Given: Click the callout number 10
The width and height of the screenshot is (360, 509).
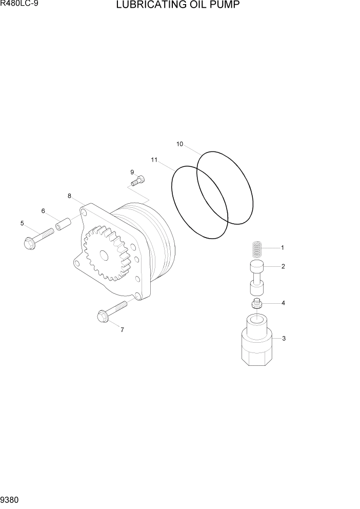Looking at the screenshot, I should coord(179,144).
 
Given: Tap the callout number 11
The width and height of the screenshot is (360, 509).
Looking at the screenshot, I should coord(154,160).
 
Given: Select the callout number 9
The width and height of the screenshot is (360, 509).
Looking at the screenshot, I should coord(132,172).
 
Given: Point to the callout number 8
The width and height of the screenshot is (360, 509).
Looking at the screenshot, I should coord(69,195).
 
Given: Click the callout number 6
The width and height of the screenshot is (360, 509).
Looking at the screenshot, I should coord(43,211).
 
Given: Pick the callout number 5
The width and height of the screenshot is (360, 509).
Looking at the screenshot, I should coord(22,223).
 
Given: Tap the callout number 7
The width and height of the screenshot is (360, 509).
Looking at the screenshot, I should coord(122,330).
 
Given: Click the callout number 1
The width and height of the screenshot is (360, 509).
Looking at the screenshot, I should coord(283,247).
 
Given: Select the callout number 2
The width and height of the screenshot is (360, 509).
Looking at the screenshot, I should coord(283,266).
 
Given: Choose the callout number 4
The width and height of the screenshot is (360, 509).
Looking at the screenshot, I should coord(283,303).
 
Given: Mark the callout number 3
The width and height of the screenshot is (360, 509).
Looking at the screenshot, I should coord(284,338).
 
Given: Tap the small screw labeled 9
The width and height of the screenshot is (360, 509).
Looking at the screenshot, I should coord(139,180).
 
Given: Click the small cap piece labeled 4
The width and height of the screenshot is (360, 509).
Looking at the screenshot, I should coord(257,303).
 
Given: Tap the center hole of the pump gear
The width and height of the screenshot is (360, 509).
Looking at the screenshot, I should coord(104,255).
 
